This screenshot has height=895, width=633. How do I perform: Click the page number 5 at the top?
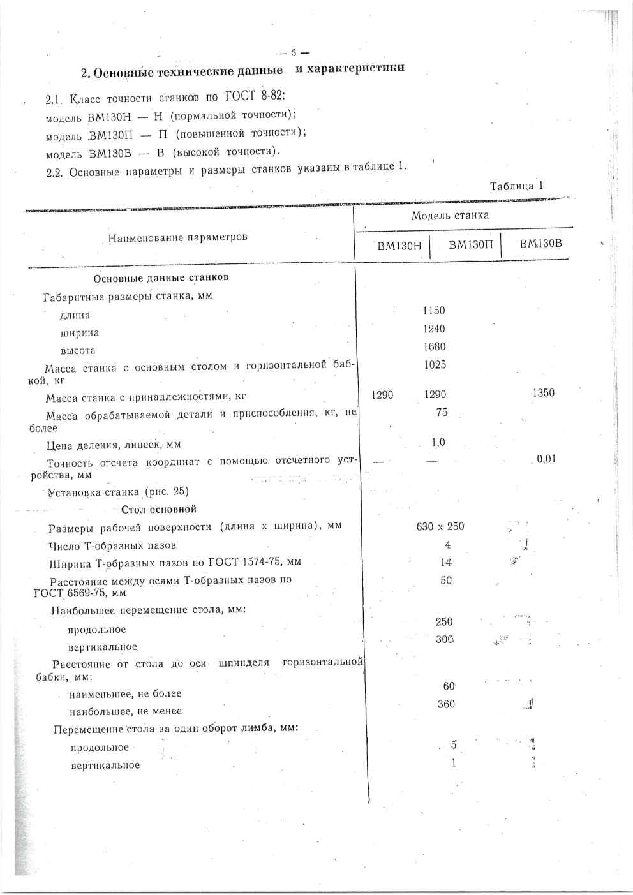pyautogui.click(x=295, y=53)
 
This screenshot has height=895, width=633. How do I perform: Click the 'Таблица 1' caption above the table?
pyautogui.click(x=516, y=186)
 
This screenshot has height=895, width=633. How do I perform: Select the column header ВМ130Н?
pyautogui.click(x=399, y=246)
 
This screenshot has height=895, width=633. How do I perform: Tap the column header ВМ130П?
pyautogui.click(x=471, y=245)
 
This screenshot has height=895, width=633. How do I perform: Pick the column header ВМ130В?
pyautogui.click(x=540, y=243)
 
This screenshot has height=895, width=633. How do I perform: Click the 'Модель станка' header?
pyautogui.click(x=450, y=216)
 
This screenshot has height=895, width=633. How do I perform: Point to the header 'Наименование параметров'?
pyautogui.click(x=177, y=238)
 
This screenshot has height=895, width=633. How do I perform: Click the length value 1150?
pyautogui.click(x=434, y=311)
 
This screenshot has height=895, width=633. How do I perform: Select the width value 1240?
pyautogui.click(x=434, y=329)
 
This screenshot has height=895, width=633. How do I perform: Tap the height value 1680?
pyautogui.click(x=434, y=347)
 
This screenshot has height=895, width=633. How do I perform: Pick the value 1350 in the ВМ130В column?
pyautogui.click(x=544, y=393)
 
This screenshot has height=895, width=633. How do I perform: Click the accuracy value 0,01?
pyautogui.click(x=546, y=459)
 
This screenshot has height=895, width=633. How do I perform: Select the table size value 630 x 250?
pyautogui.click(x=440, y=526)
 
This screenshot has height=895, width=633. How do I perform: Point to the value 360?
pyautogui.click(x=447, y=704)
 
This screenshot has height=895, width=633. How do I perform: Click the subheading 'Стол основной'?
pyautogui.click(x=159, y=509)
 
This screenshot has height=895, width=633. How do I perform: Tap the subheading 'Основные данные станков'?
pyautogui.click(x=161, y=278)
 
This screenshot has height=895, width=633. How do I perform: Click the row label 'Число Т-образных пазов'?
pyautogui.click(x=112, y=545)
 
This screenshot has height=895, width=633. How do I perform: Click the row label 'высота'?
pyautogui.click(x=78, y=351)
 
